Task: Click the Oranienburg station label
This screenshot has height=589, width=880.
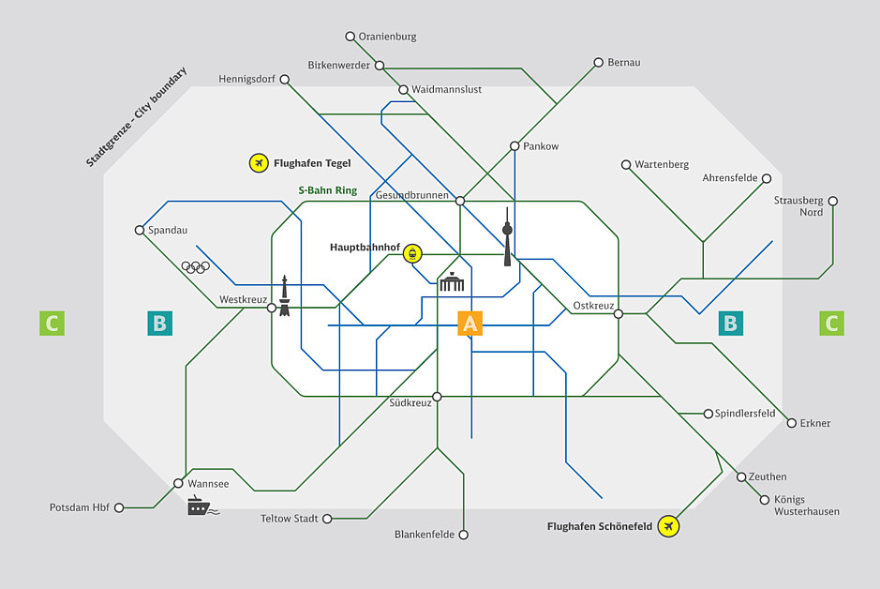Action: point(387,37)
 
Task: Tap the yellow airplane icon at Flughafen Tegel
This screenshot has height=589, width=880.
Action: point(259,163)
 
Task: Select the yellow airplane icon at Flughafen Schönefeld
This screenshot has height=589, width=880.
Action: point(668,526)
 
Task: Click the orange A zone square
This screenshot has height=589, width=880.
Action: point(470,324)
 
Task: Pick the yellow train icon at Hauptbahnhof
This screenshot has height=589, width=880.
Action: point(412,252)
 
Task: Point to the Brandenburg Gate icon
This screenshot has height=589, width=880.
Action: point(452,281)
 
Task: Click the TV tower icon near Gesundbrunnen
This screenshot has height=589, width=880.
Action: point(507,237)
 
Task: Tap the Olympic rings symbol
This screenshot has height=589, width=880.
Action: point(194,267)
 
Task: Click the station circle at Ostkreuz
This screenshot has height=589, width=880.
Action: point(619,314)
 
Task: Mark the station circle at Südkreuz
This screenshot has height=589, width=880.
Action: point(437,397)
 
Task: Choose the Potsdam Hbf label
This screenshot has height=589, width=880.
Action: point(80,507)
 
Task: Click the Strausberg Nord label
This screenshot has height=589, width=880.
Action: point(798,206)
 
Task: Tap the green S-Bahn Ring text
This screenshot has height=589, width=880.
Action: point(327,190)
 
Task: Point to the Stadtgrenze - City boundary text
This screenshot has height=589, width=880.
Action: point(136,117)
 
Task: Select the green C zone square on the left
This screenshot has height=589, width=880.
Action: point(52,324)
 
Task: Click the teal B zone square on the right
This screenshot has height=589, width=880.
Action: point(731,324)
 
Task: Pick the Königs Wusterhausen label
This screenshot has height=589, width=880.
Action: point(806,506)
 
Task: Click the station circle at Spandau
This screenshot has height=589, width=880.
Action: point(140,230)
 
